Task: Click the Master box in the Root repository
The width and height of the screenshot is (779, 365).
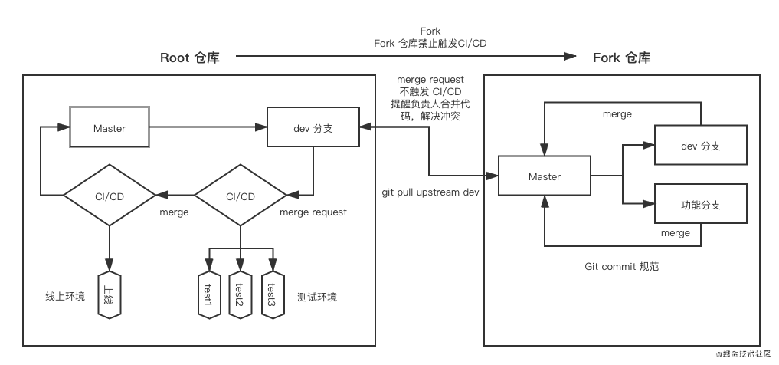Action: (110, 127)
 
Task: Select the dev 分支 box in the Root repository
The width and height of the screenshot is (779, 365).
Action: (313, 127)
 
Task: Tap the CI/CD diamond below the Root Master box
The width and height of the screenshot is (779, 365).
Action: (110, 196)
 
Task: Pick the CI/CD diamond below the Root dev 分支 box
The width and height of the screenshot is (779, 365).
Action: (241, 196)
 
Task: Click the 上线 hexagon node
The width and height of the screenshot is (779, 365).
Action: (110, 294)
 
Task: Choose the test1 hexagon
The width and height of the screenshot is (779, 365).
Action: (207, 294)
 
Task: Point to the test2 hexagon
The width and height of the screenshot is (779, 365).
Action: (239, 294)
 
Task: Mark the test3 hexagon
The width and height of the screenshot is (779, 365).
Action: (271, 294)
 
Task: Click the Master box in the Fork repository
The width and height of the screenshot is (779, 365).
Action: (545, 177)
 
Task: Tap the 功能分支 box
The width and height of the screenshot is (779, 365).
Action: (700, 206)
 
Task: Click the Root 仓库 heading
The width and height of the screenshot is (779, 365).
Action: (190, 58)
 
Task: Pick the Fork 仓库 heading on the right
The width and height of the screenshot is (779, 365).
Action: (622, 58)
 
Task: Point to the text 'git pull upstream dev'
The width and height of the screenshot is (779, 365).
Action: (430, 192)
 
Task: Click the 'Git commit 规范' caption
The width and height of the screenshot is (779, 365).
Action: (621, 267)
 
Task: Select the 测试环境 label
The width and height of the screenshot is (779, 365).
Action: (316, 297)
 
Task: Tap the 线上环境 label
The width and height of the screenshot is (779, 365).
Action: (65, 295)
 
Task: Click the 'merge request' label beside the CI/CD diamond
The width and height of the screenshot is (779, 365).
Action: (313, 212)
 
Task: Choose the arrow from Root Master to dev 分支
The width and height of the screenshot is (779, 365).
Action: (208, 127)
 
